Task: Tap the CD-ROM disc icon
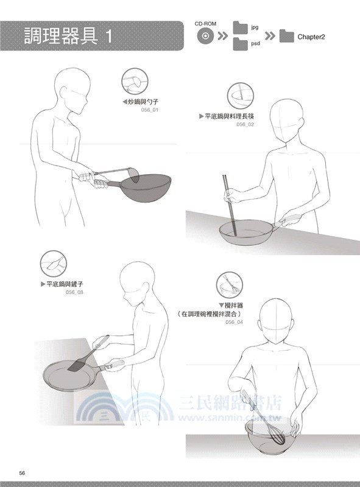[205, 36]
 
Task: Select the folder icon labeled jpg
[241, 28]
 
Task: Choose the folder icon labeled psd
[241, 44]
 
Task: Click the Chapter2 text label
[311, 37]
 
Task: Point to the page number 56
[22, 473]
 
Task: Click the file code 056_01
[149, 110]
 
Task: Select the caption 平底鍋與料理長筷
[230, 116]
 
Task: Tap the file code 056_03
[74, 292]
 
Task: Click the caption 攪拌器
[234, 306]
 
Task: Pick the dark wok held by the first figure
[146, 187]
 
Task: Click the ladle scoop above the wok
[136, 175]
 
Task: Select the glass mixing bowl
[269, 436]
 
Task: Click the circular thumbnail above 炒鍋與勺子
[135, 82]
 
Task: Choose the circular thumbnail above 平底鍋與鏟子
[54, 264]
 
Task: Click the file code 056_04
[234, 322]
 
